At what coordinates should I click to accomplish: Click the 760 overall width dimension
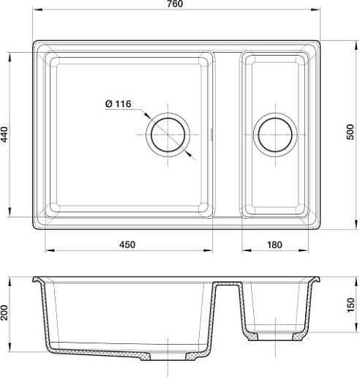coord(175,4)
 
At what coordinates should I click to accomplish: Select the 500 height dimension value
coord(350,132)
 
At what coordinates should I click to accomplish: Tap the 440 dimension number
coord(4,135)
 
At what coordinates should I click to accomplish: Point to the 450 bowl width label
coord(127,245)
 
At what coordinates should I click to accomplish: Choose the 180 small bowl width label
coord(274,245)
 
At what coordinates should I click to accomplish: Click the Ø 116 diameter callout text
coord(119,104)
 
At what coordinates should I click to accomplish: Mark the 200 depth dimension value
coord(4,313)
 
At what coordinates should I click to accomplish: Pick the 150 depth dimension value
coord(350,305)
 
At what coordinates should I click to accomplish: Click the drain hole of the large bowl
coord(168,135)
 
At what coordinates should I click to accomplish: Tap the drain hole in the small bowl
coord(275,135)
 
